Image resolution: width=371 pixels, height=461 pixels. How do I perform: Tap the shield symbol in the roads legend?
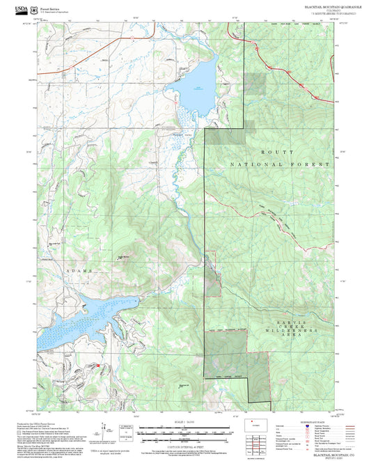tap(307, 425)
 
